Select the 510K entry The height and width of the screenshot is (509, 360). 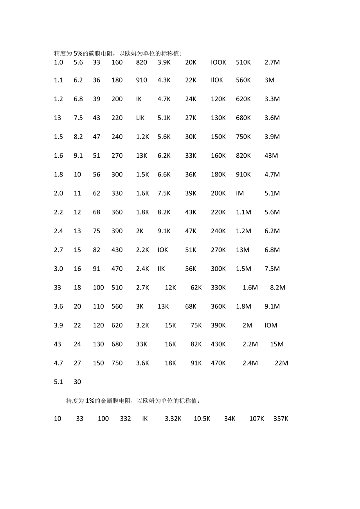click(x=243, y=62)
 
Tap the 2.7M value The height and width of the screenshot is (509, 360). click(x=272, y=62)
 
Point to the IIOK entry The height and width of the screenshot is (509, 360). click(x=217, y=80)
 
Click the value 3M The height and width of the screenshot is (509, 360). click(x=269, y=80)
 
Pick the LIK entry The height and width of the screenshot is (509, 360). click(x=140, y=118)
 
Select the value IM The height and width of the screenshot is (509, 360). click(x=240, y=193)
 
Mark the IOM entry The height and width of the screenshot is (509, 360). click(x=271, y=325)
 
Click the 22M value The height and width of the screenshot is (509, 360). click(x=281, y=363)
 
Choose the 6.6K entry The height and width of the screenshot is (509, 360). click(x=164, y=174)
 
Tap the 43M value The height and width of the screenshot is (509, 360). click(x=271, y=156)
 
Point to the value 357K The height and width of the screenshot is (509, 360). click(x=281, y=419)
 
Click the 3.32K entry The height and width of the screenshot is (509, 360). click(x=173, y=419)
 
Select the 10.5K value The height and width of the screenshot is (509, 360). click(x=202, y=419)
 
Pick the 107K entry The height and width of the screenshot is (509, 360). click(x=257, y=419)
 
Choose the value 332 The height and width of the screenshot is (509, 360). click(x=126, y=419)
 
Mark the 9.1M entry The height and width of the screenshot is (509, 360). click(x=272, y=306)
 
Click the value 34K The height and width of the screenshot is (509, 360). click(x=230, y=419)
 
